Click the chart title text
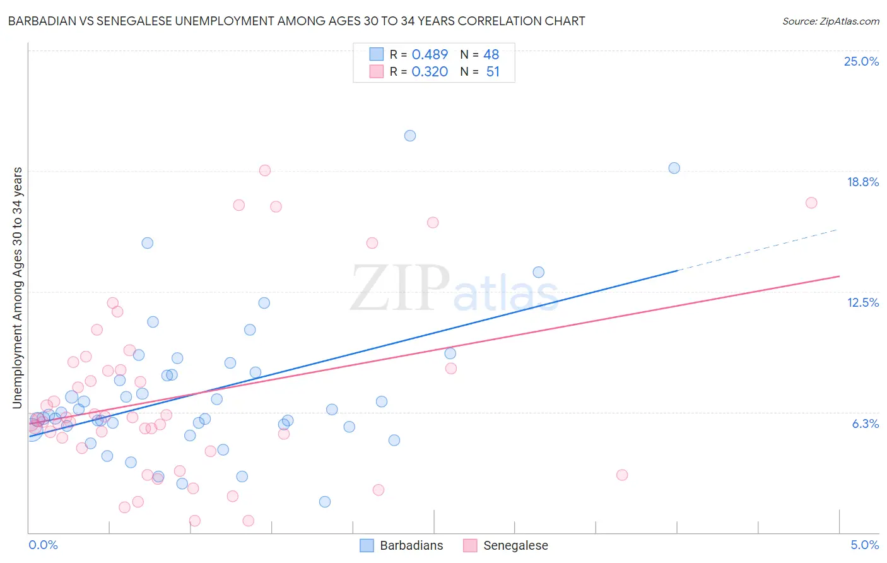(x=297, y=21)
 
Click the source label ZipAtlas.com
(x=830, y=21)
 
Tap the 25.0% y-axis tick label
(x=861, y=61)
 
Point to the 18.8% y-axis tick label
(x=862, y=182)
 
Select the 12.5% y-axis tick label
(x=862, y=302)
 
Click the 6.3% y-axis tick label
(x=865, y=424)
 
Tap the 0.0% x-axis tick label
(x=43, y=545)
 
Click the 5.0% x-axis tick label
(x=864, y=545)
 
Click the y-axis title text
(x=17, y=287)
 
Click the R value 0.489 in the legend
(x=430, y=55)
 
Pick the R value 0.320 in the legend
(x=430, y=72)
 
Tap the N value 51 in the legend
(x=493, y=72)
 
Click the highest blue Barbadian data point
(x=410, y=136)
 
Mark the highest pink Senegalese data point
(x=265, y=170)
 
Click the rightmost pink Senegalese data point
(x=811, y=203)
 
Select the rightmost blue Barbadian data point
(x=674, y=168)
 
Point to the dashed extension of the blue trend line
(x=757, y=249)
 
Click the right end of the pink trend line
(x=839, y=276)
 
